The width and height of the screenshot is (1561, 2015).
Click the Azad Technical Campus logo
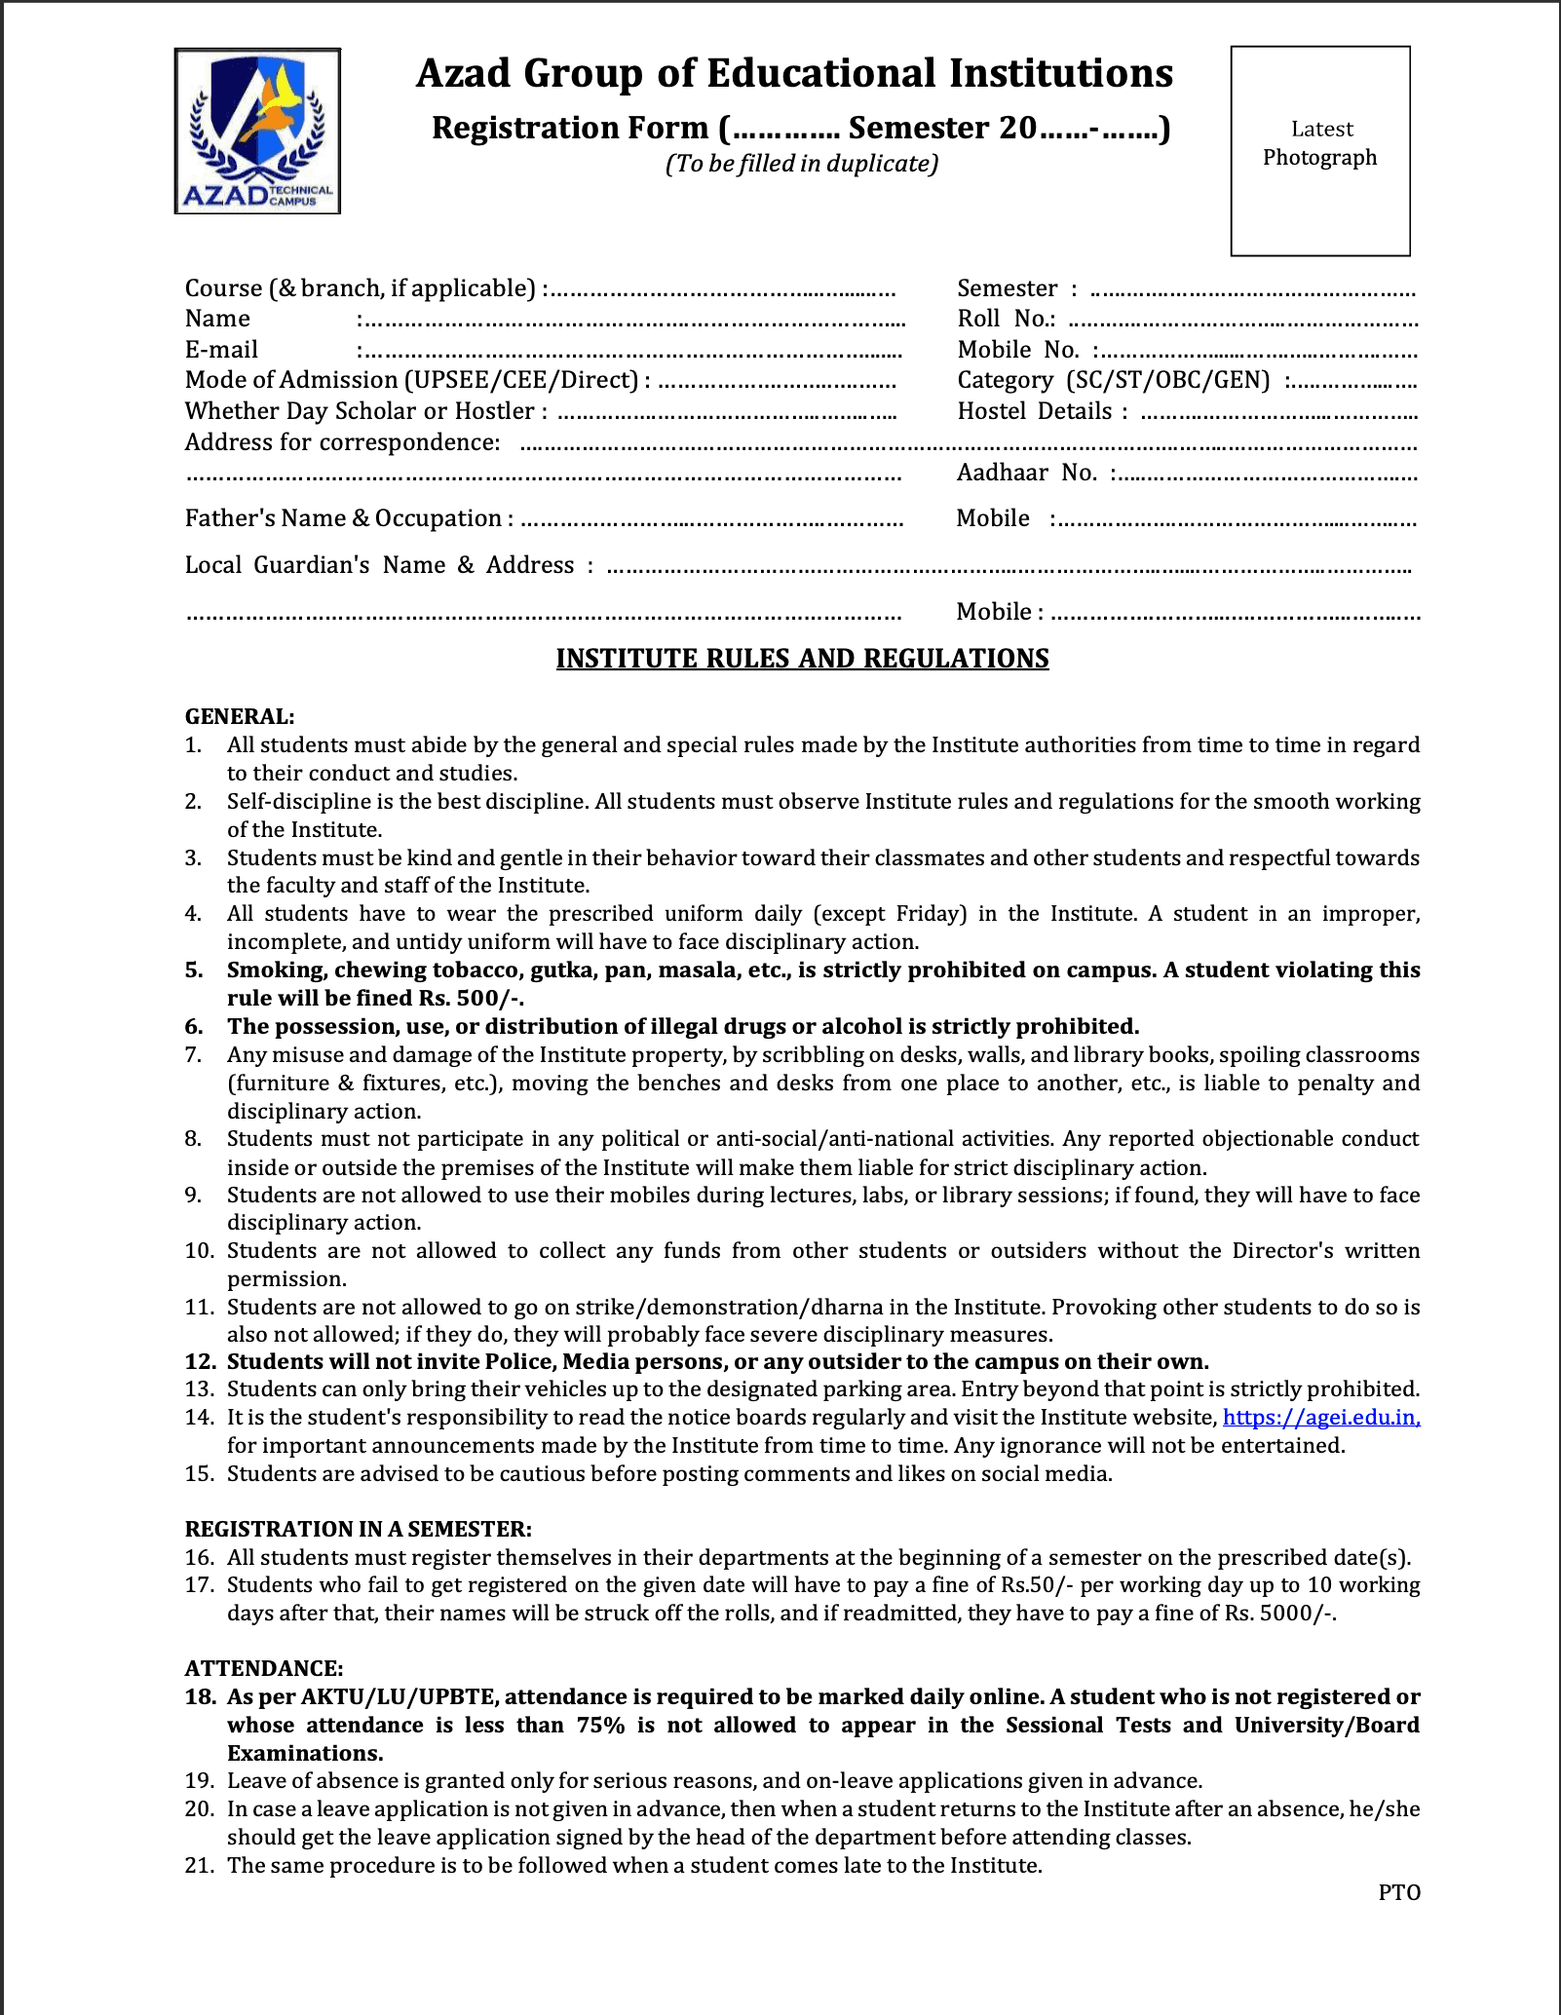[257, 131]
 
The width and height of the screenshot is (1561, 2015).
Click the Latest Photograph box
[1319, 151]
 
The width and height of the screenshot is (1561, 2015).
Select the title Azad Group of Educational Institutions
[794, 74]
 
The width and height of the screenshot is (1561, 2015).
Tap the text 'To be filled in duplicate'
[802, 164]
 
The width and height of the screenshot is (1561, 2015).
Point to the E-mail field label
[222, 350]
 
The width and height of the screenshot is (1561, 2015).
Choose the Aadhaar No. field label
[1027, 474]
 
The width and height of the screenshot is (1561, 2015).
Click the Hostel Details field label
[1042, 411]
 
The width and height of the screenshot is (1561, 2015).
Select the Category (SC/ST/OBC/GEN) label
[1113, 380]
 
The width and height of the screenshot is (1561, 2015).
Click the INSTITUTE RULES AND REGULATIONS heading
[802, 660]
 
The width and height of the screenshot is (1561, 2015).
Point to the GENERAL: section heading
[240, 717]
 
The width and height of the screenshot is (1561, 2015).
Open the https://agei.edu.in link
[1320, 1418]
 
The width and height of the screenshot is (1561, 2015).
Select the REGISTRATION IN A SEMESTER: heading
[358, 1530]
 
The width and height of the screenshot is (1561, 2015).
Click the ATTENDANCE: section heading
[264, 1669]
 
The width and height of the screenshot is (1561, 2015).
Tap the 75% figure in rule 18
[600, 1726]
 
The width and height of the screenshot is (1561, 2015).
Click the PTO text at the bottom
[1399, 1893]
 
